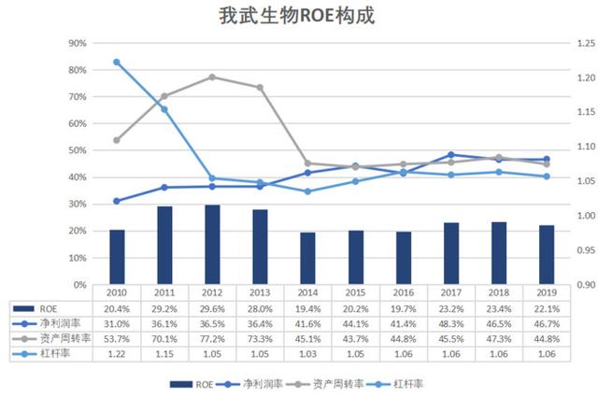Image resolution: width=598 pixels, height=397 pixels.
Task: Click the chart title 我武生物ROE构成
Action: [299, 17]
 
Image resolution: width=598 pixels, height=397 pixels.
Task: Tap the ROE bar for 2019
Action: [547, 254]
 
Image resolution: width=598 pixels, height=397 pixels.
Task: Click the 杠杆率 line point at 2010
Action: [117, 63]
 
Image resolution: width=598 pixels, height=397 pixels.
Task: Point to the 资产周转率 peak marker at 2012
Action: [212, 77]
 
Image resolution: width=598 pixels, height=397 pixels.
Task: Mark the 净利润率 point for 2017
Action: [451, 155]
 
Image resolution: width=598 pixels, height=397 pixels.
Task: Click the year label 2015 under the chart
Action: [356, 292]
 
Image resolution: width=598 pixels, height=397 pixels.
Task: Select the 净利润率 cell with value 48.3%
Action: [451, 322]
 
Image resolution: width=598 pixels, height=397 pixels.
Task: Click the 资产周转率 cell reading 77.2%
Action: [212, 338]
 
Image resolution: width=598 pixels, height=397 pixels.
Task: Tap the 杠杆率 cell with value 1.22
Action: [117, 354]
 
